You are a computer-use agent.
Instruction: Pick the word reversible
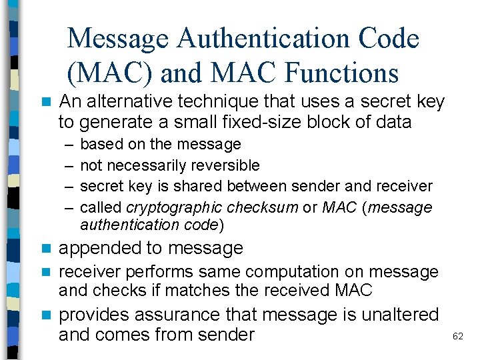227,165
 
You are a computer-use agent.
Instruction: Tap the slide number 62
457,337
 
